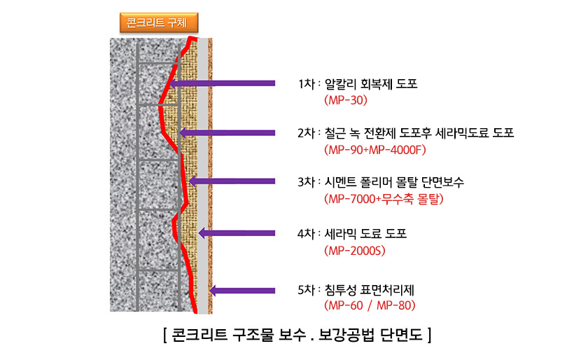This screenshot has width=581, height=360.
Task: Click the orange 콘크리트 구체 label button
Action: (159, 22)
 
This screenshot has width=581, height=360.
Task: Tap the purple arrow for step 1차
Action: (222, 83)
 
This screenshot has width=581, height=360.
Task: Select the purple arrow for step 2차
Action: (227, 133)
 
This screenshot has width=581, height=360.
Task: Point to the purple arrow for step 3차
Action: (232, 181)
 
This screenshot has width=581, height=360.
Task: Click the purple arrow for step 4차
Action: (237, 233)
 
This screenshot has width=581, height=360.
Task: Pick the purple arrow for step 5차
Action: (242, 291)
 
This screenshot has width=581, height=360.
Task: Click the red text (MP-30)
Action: (346, 100)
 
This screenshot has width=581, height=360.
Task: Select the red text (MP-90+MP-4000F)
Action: (375, 150)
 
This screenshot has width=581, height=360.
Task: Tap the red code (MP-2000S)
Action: (355, 251)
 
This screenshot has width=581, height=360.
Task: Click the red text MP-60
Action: (346, 305)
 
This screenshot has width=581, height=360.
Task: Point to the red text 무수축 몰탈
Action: (410, 199)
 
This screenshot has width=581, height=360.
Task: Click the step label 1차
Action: (307, 84)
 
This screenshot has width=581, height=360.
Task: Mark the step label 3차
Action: (307, 182)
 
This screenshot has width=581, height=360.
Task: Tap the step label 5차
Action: (307, 290)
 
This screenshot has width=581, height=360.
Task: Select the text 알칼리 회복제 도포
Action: (371, 84)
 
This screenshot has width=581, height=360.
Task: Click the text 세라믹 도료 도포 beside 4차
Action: (365, 233)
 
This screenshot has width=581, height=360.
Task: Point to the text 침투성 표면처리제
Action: (370, 290)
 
